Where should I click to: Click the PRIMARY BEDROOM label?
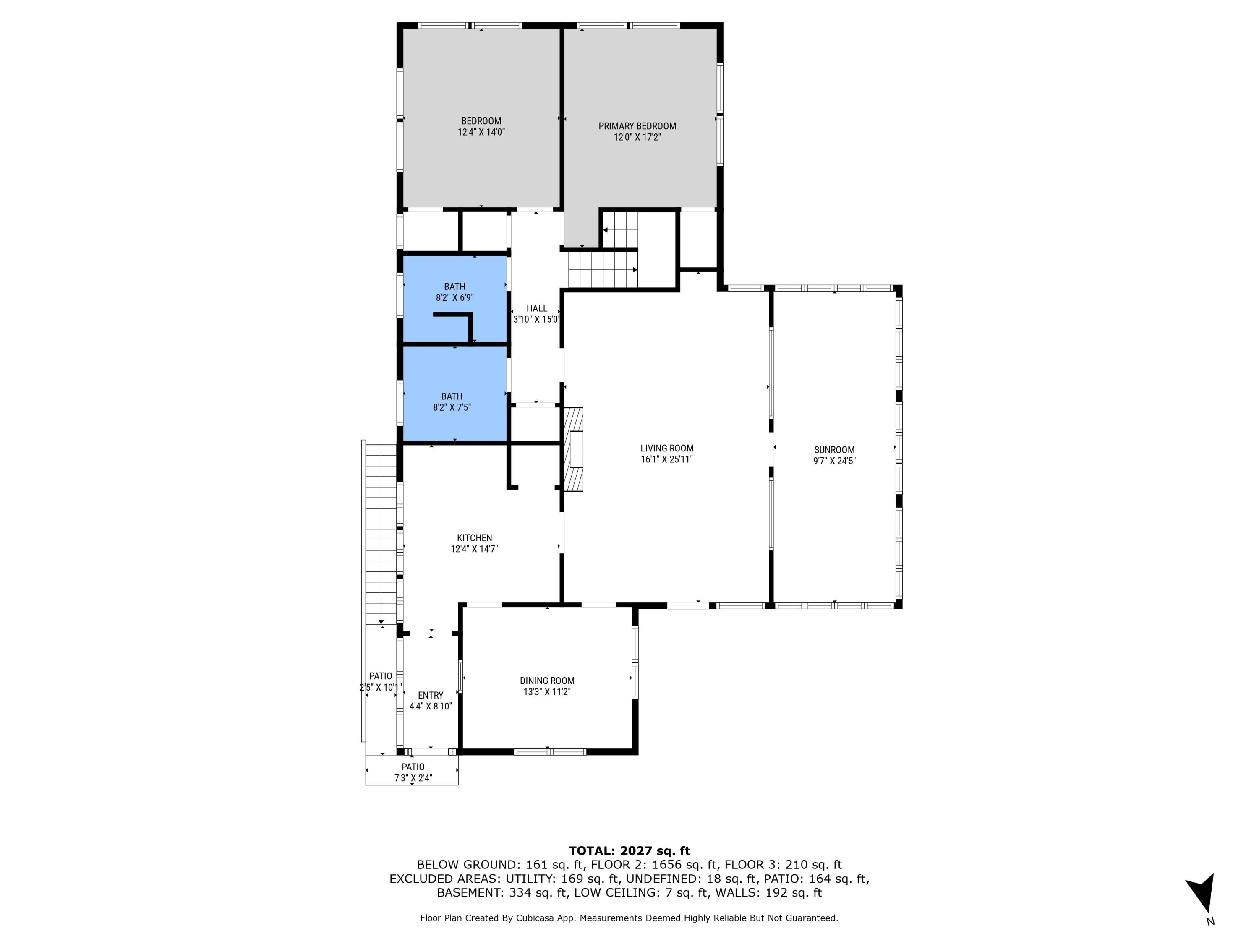coord(637,126)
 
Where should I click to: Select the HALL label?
coord(536,308)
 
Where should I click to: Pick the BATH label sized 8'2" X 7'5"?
coord(451,396)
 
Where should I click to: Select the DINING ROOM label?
coord(547,681)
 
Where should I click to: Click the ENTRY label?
coord(430,695)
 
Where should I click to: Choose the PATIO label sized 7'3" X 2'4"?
coord(413,767)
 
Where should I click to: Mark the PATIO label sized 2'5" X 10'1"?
coord(380,676)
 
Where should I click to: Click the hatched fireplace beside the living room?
coord(574,449)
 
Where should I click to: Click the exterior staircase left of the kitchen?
coord(380,535)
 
